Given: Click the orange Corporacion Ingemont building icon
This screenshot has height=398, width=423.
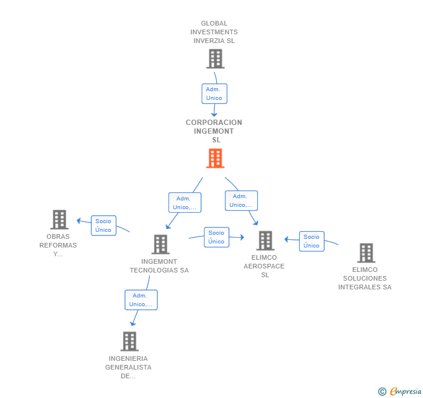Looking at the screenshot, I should pos(215,158).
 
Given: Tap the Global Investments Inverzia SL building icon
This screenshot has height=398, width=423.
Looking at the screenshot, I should pos(215,59).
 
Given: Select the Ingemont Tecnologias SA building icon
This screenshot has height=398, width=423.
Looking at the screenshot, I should pos(160,244).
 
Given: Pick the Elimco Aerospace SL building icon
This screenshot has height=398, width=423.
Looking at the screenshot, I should pos(265,241).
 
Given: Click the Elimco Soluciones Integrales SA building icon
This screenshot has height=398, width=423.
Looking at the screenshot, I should pos(365,253).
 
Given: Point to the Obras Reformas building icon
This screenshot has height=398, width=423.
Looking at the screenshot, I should pos(59,220).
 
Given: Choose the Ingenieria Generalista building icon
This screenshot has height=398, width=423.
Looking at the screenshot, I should pos(130,341).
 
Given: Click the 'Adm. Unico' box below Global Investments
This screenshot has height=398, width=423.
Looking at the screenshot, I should pos(214,94).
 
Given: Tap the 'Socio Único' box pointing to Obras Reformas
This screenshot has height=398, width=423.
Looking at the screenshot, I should pos(103,225).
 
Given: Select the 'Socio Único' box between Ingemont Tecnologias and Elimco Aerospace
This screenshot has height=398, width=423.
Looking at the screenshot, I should pos(216,237).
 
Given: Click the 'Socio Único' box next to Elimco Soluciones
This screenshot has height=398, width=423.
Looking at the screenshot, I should pos(311,241).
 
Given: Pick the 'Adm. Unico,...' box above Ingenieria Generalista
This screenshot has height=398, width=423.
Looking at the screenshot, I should pos(141,300).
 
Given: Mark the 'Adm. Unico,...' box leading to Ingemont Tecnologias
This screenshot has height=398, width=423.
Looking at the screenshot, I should pos(185,203).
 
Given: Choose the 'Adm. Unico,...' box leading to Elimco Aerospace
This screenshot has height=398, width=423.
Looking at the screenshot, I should pos(241,200).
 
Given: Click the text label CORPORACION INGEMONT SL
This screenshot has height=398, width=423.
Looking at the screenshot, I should pos(214,131).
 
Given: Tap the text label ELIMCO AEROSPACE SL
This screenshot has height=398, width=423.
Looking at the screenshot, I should pos(264,266).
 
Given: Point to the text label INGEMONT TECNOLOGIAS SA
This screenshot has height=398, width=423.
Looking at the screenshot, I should pos(159,266).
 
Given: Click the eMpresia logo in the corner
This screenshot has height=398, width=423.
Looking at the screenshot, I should pos(405,392).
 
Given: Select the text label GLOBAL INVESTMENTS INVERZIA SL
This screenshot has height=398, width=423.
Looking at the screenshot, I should pos(214,32).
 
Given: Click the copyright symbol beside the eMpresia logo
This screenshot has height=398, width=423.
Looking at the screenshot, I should pos(382,392).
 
